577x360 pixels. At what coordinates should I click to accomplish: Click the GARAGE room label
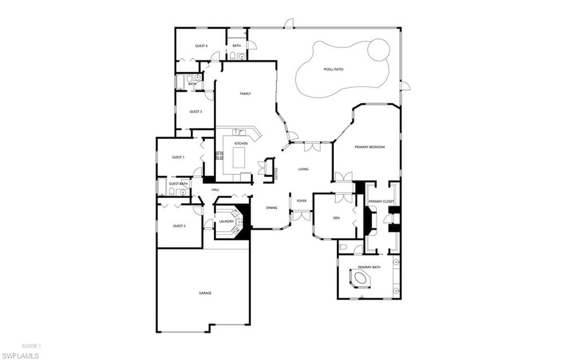click(x=205, y=293)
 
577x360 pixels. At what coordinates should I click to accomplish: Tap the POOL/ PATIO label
click(x=333, y=69)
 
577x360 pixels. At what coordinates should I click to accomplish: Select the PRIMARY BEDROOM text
click(x=369, y=147)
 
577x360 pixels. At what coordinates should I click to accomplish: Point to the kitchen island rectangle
click(x=239, y=157)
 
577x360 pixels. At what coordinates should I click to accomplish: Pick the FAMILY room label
click(x=245, y=94)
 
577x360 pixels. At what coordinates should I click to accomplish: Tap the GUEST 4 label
click(x=201, y=46)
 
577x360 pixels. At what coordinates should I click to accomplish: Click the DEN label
click(x=336, y=218)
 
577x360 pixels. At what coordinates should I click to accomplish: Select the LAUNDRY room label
click(x=226, y=221)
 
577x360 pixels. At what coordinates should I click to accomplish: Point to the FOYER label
click(x=302, y=201)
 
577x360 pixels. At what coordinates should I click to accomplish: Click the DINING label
click(x=271, y=208)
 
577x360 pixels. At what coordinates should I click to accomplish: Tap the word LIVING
click(x=303, y=169)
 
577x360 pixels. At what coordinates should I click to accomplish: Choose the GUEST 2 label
click(x=179, y=226)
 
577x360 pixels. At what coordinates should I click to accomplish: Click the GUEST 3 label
click(x=196, y=111)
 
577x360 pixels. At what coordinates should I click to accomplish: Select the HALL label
click(x=215, y=190)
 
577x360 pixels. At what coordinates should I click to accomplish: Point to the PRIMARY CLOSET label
click(x=381, y=201)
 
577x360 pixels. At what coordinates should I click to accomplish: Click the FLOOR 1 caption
click(x=31, y=346)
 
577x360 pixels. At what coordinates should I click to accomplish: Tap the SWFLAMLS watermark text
click(x=20, y=355)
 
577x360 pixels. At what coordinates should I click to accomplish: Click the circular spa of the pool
click(x=378, y=49)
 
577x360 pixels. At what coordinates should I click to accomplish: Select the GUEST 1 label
click(x=178, y=157)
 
